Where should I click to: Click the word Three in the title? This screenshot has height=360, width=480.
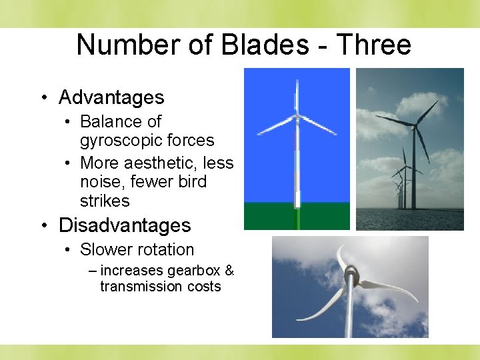(374, 45)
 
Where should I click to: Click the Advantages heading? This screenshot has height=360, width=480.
(111, 97)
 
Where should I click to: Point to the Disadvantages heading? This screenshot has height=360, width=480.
(125, 225)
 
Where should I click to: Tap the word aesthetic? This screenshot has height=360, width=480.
(159, 163)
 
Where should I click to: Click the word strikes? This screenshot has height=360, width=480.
(105, 201)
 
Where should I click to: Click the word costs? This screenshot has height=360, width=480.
(204, 286)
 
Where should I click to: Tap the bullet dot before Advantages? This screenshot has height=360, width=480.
(43, 98)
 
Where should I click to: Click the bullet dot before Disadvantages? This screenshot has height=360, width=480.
(43, 226)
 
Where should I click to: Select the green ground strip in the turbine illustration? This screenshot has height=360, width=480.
(297, 216)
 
